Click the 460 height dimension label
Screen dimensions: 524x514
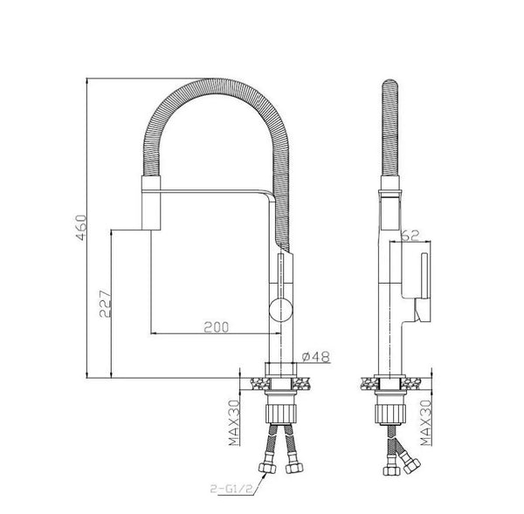click(81, 228)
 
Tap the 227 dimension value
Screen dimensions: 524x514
click(106, 304)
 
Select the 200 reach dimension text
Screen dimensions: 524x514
click(217, 327)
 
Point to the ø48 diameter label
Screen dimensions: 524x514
click(316, 356)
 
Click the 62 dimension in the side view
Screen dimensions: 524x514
click(410, 236)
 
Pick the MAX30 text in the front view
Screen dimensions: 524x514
click(235, 423)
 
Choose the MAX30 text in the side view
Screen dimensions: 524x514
click(426, 423)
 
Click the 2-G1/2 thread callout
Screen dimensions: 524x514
click(231, 489)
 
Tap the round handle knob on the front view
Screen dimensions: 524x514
click(281, 310)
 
